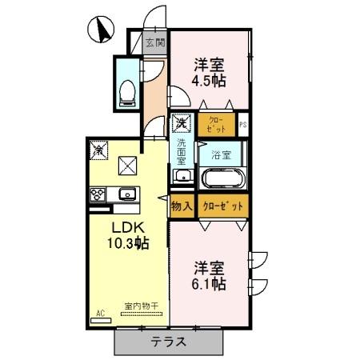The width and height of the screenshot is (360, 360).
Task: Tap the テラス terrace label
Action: (x=170, y=342)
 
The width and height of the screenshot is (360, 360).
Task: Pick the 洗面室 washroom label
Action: (x=182, y=152)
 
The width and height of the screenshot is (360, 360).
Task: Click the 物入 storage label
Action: (x=182, y=206)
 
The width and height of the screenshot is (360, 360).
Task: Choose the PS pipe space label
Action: (x=243, y=124)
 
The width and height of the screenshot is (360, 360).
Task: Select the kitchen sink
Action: (x=127, y=194)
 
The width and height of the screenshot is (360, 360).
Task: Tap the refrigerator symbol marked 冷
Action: (x=99, y=149)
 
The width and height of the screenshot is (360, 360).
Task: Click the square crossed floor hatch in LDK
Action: (x=128, y=166)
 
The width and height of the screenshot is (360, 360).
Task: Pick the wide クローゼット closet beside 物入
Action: (x=222, y=206)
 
